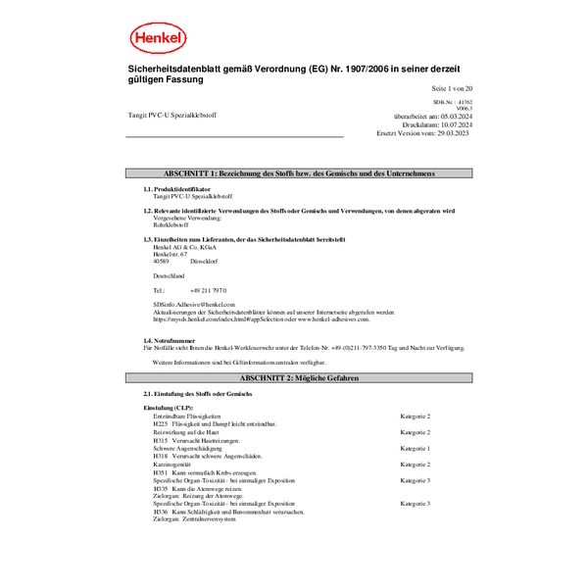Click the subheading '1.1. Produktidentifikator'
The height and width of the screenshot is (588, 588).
coord(176,189)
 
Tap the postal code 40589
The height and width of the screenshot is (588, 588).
coord(161,261)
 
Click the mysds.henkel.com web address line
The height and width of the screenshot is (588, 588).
coord(261,318)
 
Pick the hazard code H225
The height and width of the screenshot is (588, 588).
coord(161,423)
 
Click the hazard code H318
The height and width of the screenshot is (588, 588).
coord(161,457)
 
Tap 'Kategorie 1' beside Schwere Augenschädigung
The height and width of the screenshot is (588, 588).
coord(415,449)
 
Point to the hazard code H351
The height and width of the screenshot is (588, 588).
coord(161,472)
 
